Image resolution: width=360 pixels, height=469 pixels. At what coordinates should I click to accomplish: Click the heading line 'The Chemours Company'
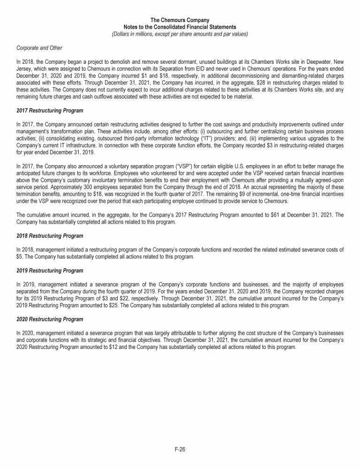pos(180,20)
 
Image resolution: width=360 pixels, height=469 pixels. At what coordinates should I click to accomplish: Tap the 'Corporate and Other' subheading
pos(39,48)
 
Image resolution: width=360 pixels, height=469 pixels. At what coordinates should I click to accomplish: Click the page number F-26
pos(180,449)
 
